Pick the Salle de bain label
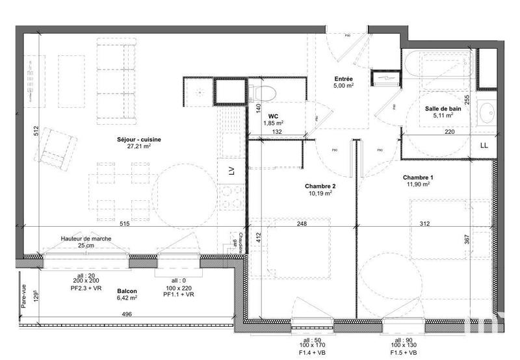pos(444,109)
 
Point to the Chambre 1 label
pos(417,178)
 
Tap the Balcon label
pos(127,292)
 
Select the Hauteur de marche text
pos(86,238)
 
